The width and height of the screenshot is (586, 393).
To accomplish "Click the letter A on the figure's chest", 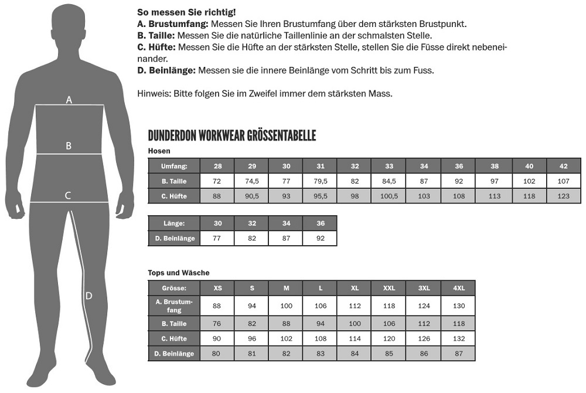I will (x=69, y=100).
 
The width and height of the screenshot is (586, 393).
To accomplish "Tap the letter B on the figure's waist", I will (x=69, y=145).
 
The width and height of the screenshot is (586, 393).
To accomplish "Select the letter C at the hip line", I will (x=68, y=195).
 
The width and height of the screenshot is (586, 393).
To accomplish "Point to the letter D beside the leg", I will (x=88, y=296).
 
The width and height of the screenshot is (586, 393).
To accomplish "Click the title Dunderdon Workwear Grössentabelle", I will (x=232, y=136).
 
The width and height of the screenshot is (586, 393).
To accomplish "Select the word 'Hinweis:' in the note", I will (x=154, y=93).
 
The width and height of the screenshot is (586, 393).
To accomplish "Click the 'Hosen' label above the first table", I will (x=159, y=151).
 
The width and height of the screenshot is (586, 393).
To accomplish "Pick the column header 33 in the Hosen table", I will (x=389, y=166).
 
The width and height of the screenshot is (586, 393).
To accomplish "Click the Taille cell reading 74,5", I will (x=252, y=181).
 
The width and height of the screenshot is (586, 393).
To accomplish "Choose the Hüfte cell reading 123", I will (x=564, y=196).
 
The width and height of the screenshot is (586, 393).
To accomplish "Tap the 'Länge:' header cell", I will (x=174, y=223).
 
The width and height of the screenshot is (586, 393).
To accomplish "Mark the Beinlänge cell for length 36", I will (x=320, y=238).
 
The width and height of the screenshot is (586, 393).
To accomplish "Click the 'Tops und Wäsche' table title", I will (x=179, y=273).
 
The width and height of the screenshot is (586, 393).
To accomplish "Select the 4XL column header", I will (x=458, y=288).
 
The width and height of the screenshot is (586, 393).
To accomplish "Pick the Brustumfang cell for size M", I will (x=286, y=306).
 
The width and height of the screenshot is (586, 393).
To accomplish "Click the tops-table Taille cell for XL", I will (x=355, y=323).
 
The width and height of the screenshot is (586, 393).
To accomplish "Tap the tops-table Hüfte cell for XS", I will (x=217, y=338).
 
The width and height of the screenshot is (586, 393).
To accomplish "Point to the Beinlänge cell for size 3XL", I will (x=424, y=354).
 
